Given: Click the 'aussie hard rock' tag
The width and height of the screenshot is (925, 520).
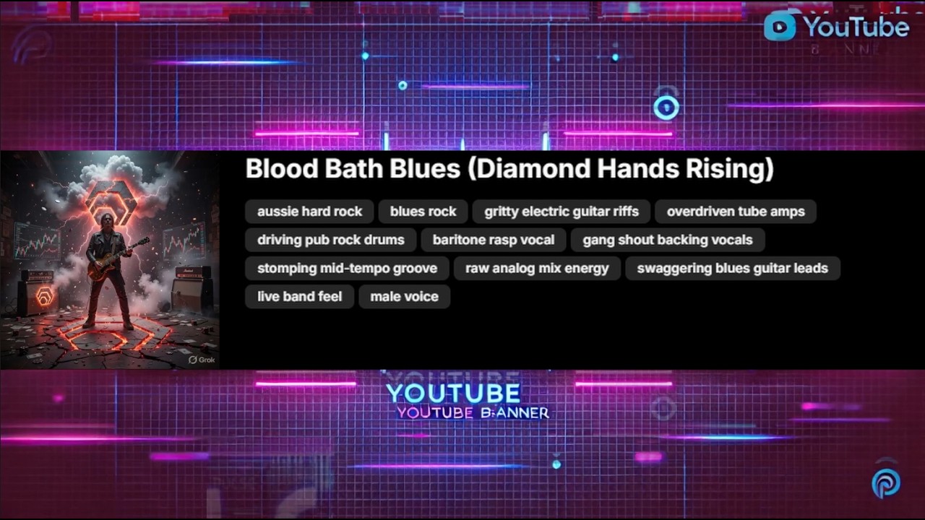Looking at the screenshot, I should (309, 212).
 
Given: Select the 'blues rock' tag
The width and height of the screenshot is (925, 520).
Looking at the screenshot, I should (423, 212).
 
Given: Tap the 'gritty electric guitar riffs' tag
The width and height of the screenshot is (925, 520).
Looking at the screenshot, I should (562, 212).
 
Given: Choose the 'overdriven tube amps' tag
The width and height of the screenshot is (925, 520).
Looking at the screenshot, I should (735, 212).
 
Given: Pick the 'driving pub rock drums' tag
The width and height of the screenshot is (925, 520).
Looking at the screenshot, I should (330, 240).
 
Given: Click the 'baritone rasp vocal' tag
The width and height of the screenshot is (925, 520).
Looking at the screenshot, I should (493, 240).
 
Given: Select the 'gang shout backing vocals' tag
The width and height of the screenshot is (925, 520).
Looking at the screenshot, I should (667, 240).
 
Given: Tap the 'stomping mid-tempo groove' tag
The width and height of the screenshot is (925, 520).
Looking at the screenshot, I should (347, 268).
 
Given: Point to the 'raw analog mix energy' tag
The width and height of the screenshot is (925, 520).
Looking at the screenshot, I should (537, 268).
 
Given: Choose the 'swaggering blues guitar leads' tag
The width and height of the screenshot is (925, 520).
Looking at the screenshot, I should (732, 268).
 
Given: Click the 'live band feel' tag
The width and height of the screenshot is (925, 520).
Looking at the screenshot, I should (299, 296).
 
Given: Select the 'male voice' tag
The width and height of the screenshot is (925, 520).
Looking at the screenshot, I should (404, 296).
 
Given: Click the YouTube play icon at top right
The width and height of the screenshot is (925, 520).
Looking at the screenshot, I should (780, 27).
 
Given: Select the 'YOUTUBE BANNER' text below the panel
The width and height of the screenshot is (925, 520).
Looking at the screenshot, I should (473, 412).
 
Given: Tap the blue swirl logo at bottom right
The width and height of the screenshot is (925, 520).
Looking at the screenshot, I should (886, 483).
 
